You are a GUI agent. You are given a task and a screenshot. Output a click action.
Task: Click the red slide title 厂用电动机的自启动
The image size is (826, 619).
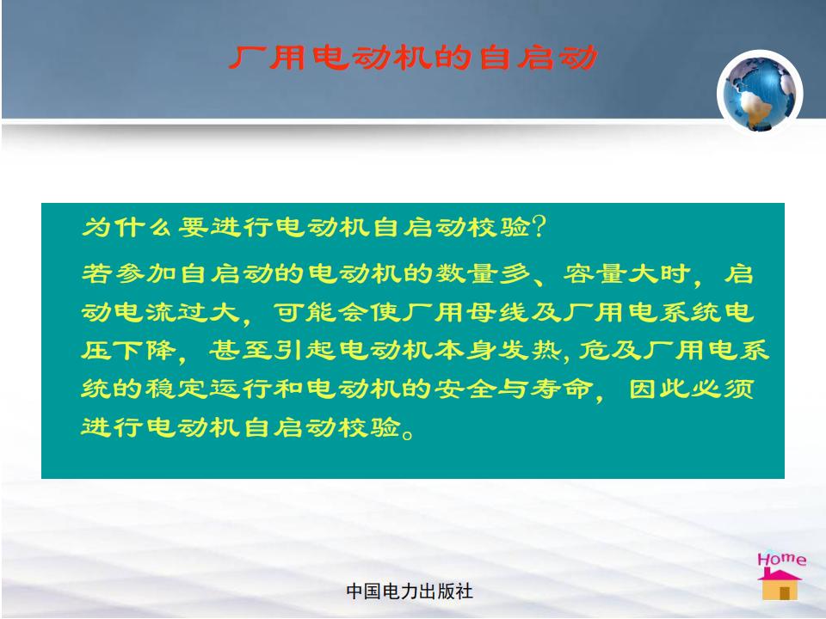tap(414, 58)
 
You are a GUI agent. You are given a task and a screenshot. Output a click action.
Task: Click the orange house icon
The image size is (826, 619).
tap(780, 585)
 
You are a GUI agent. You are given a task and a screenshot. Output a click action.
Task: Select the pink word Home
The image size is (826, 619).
tap(782, 559)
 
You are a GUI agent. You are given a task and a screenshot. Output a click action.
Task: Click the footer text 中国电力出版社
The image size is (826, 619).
tap(410, 591)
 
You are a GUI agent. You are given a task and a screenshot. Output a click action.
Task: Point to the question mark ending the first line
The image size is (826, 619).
tap(539, 227)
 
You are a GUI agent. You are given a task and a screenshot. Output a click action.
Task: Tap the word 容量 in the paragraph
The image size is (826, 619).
tap(595, 273)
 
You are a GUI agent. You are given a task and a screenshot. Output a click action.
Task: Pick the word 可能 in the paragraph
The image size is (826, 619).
tap(305, 312)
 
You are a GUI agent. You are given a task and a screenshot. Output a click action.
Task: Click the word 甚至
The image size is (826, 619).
tap(240, 350)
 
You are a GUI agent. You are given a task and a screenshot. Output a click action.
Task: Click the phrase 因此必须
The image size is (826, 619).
tap(692, 389)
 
